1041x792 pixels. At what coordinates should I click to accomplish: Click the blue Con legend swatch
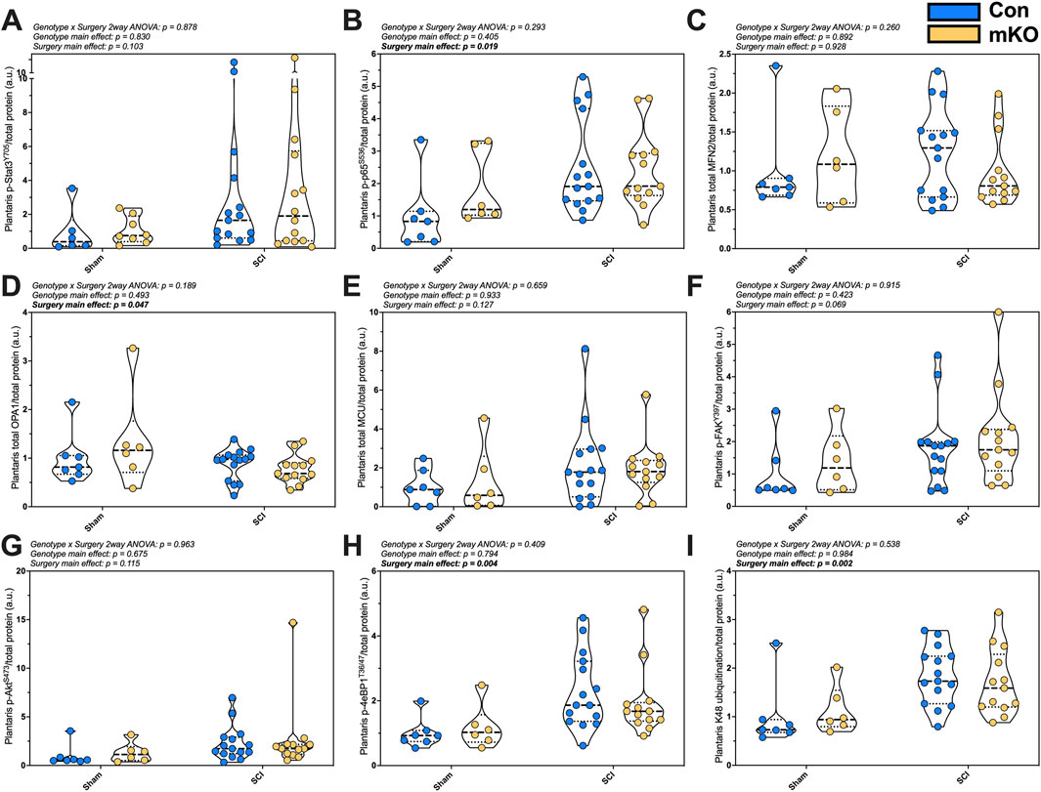pyautogui.click(x=953, y=12)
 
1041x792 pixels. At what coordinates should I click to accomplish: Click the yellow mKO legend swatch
pyautogui.click(x=953, y=34)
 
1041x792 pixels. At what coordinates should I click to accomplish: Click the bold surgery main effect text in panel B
pyautogui.click(x=440, y=47)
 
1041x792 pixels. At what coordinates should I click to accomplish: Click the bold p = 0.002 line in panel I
pyautogui.click(x=795, y=563)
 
